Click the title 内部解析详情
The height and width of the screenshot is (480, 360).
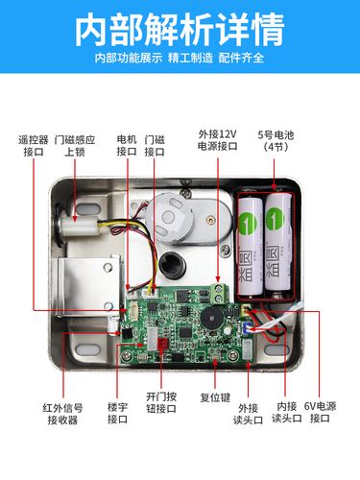tap(180, 30)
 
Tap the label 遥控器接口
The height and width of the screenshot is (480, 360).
tap(34, 146)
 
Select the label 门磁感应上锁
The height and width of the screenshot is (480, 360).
tap(75, 146)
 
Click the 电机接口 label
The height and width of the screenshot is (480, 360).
tap(127, 146)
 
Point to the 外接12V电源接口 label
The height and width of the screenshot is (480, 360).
tap(218, 140)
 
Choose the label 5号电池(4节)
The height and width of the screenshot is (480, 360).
tap(276, 140)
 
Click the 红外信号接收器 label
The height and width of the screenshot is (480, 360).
tap(62, 414)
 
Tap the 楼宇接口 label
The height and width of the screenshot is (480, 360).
tap(118, 413)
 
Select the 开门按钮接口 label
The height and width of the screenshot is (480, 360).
tap(161, 402)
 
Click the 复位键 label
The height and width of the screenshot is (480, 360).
tap(215, 397)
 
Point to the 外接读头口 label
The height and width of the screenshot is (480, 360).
tap(249, 414)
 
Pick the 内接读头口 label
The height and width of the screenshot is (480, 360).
tap(287, 412)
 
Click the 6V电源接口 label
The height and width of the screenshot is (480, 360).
tap(320, 412)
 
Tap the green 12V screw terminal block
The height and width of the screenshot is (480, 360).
tap(220, 294)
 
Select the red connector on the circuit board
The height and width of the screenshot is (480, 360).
tap(162, 345)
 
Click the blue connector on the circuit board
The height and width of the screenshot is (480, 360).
tap(246, 328)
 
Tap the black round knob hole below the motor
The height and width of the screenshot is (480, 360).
tap(173, 265)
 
